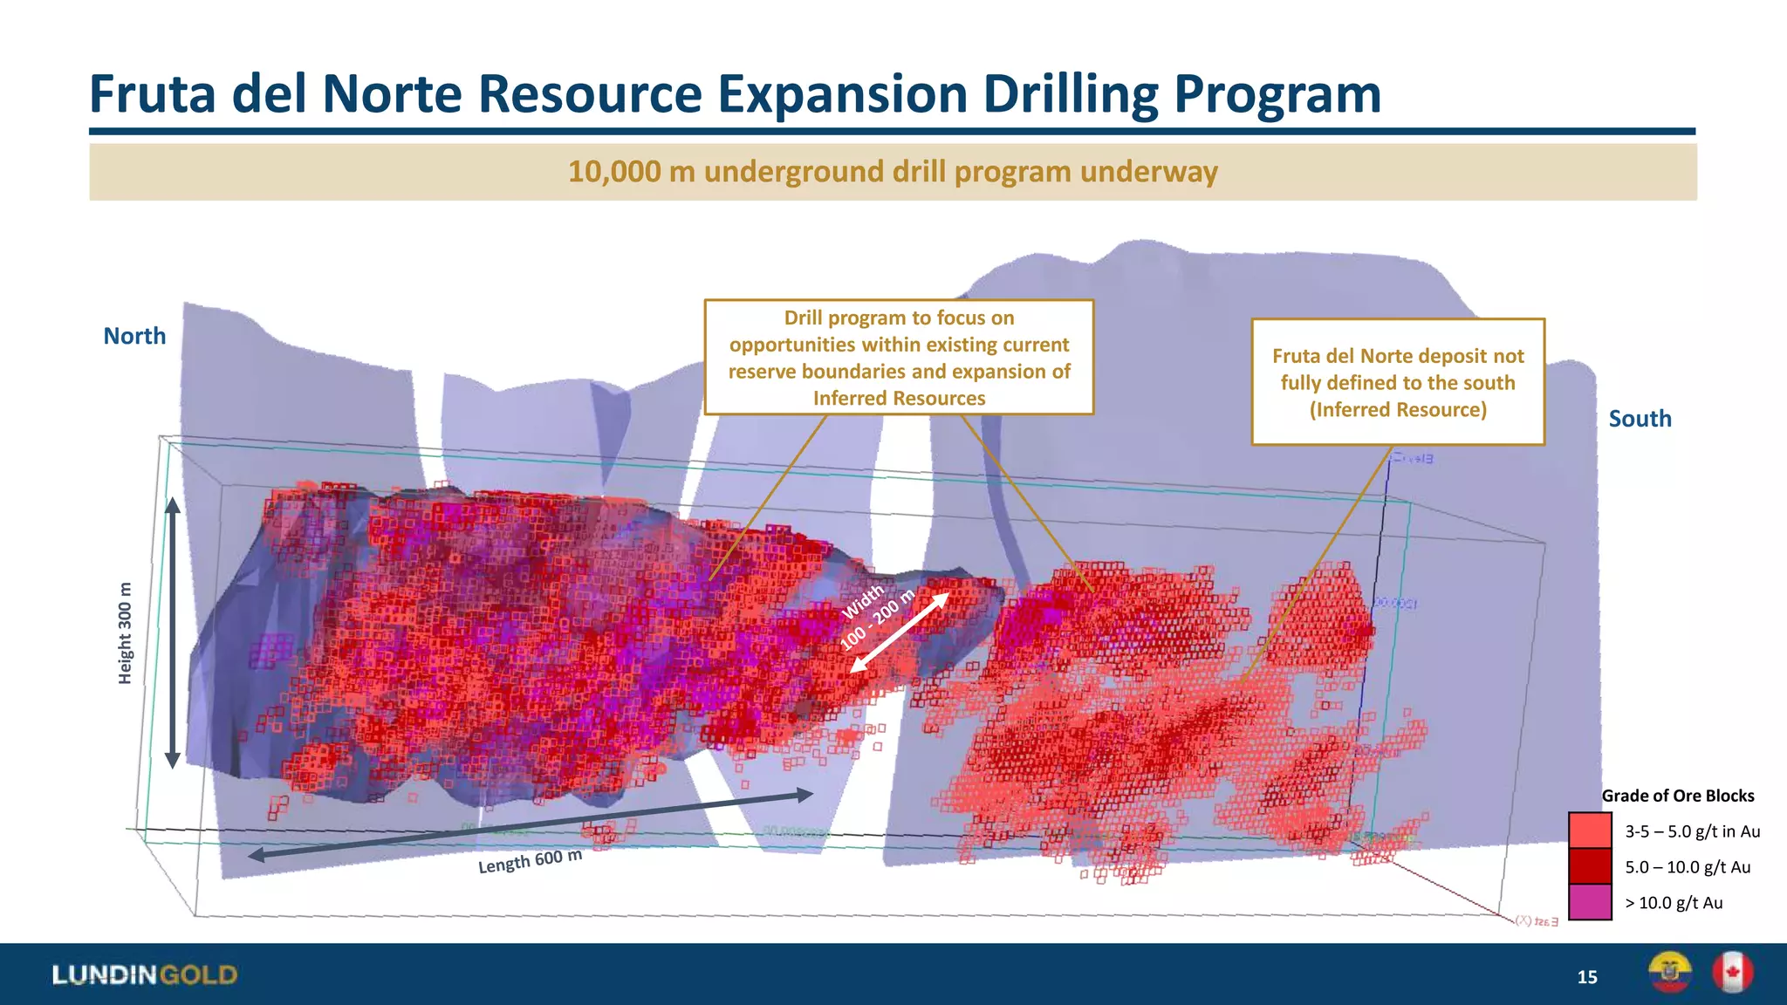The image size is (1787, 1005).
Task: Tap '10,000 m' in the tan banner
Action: pos(615,172)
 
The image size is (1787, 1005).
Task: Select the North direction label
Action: pos(134,336)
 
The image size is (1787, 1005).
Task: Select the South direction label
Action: pos(1640,419)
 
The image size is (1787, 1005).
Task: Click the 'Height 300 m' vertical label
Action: pos(126,632)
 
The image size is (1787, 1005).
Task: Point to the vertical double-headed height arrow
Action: pos(173,632)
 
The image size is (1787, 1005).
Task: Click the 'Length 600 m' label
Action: pos(530,861)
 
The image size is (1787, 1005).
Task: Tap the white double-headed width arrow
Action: pos(899,633)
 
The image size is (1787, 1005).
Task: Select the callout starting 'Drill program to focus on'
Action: pos(899,358)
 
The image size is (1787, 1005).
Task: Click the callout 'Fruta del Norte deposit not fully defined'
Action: pos(1398,382)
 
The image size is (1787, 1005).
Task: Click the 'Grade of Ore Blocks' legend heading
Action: pos(1677,796)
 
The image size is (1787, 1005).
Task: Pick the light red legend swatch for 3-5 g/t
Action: pos(1590,831)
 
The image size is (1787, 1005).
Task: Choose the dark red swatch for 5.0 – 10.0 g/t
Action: pos(1590,866)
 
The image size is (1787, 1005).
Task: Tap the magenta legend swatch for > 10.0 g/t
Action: pos(1590,902)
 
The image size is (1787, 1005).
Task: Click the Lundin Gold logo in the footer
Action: pos(145,974)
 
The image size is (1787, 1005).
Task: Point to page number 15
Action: pos(1586,977)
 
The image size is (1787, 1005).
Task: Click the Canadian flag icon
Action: pos(1732,973)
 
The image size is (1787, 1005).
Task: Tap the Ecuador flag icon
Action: pos(1669,973)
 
